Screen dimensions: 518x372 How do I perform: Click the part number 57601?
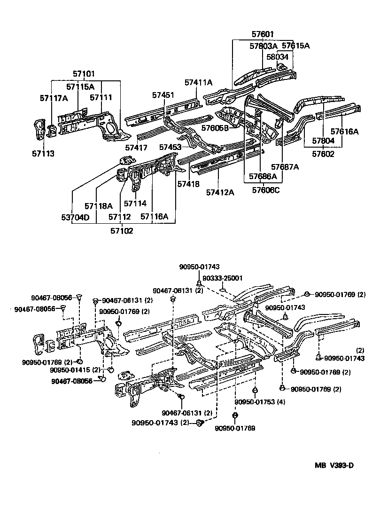pos(262,34)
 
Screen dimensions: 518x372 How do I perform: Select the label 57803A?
pos(263,46)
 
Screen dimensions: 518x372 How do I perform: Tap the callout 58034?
pos(277,57)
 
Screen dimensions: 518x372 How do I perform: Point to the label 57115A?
pos(80,86)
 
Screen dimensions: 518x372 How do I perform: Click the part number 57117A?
pos(54,98)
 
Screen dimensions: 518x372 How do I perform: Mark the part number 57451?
pos(163,95)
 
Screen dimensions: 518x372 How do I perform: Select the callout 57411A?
pos(198,83)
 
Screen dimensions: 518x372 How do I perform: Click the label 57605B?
pos(215,128)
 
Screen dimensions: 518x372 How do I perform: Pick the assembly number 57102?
pos(122,230)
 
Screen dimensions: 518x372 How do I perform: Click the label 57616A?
pos(344,132)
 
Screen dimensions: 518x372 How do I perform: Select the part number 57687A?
pos(285,166)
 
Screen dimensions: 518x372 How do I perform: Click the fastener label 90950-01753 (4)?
pos(260,402)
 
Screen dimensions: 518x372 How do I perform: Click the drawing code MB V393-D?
pos(334,465)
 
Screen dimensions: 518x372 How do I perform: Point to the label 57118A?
pos(99,206)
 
